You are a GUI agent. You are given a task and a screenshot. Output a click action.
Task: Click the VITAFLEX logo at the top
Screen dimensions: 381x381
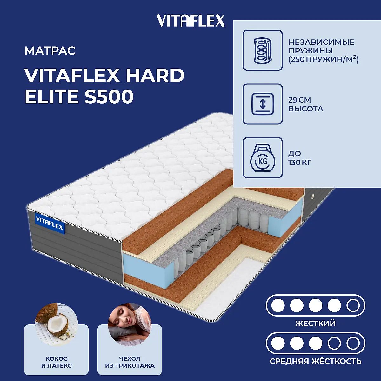[x=190, y=21]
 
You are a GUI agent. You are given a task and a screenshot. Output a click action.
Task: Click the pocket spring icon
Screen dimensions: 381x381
[x=262, y=50]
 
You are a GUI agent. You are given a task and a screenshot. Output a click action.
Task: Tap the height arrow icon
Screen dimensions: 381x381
[x=262, y=104]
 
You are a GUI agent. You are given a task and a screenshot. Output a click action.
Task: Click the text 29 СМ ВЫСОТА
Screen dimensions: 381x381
[x=306, y=104]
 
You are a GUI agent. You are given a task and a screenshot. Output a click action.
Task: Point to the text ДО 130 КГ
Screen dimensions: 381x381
[x=300, y=158]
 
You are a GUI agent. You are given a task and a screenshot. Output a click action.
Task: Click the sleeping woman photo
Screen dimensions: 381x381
[x=130, y=325]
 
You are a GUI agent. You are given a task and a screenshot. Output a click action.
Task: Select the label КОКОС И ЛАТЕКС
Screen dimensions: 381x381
[x=57, y=362]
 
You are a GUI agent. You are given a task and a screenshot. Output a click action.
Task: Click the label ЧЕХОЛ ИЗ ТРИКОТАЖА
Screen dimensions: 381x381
[x=130, y=362]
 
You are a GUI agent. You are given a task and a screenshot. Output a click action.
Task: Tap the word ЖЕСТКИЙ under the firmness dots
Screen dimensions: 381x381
[x=315, y=323]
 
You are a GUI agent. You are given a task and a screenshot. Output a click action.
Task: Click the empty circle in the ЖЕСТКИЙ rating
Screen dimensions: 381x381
[x=353, y=305]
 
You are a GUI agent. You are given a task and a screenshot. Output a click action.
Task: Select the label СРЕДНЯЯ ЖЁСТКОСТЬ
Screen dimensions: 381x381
[x=316, y=361]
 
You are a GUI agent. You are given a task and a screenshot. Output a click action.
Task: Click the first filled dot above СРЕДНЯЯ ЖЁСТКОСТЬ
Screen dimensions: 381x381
[x=278, y=344]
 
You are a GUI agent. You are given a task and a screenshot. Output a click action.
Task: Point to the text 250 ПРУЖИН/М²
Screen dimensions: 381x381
[x=324, y=59]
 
